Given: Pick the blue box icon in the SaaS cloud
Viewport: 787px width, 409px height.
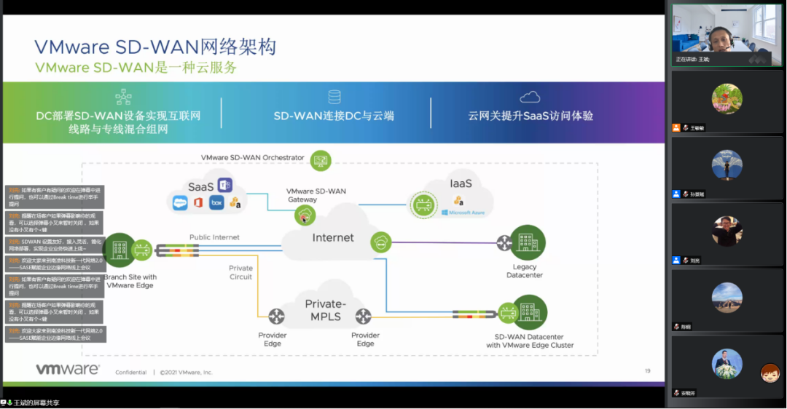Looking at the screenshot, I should (x=216, y=203).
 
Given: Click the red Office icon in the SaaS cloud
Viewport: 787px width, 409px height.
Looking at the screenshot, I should (x=198, y=203).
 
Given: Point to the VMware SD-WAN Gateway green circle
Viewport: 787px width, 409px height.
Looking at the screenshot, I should (x=305, y=215).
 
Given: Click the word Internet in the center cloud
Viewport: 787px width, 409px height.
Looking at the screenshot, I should (x=333, y=237).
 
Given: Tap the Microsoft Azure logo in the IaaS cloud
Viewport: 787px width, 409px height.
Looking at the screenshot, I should (x=462, y=213).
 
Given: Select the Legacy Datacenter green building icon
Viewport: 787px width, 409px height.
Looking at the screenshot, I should (x=527, y=243).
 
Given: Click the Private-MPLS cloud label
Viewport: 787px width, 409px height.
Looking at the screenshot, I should (x=325, y=310).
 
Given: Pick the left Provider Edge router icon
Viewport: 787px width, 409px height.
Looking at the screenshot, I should (x=275, y=317).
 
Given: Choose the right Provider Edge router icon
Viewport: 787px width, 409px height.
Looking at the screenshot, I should (x=363, y=317).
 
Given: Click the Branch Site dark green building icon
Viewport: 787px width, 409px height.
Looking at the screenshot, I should (x=117, y=250).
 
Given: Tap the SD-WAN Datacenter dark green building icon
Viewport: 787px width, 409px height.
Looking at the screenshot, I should (x=529, y=312).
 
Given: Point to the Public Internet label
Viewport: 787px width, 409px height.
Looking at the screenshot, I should (x=214, y=237).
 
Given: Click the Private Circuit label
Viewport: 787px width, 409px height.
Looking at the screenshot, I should (x=240, y=272).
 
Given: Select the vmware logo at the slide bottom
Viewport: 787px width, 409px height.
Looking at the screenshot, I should (x=68, y=370).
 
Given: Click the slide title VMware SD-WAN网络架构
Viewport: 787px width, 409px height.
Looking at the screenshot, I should (x=155, y=47).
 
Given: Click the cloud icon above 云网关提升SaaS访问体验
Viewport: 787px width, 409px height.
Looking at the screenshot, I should (x=530, y=97).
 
